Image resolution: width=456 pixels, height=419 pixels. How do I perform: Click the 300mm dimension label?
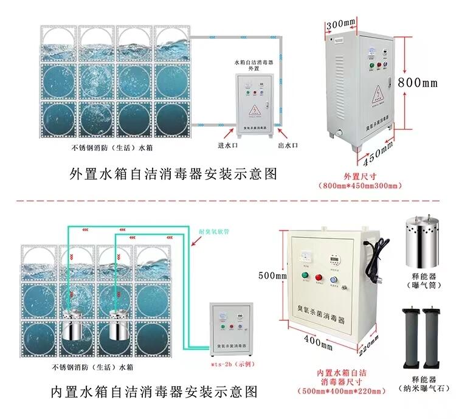click(x=340, y=24)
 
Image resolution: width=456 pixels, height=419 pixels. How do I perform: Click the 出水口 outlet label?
click(x=287, y=146)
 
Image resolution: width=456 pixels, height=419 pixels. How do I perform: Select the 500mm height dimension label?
click(x=272, y=275)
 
